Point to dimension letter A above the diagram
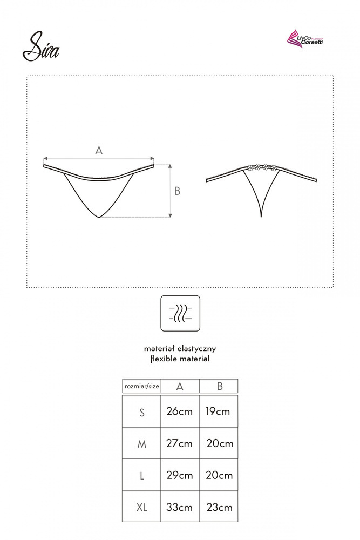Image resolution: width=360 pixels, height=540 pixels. click(99, 151)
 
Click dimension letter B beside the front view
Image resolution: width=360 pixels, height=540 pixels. click(177, 191)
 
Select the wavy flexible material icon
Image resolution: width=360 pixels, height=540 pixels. click(180, 313)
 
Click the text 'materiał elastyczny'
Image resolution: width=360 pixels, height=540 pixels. click(180, 349)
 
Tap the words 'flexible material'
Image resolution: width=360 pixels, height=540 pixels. click(180, 358)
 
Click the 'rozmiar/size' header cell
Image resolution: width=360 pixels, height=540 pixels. click(142, 386)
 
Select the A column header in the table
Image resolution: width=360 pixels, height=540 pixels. click(180, 386)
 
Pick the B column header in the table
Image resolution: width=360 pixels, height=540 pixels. click(219, 386)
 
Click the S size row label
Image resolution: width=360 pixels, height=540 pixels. click(142, 413)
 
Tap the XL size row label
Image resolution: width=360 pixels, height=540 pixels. click(142, 507)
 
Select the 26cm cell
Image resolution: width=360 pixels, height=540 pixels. click(180, 411)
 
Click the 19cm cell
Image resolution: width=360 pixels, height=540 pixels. click(218, 411)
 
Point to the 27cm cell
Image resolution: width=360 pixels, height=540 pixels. click(180, 443)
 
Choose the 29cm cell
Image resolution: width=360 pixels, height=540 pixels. click(180, 475)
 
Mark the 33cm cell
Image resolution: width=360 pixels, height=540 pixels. click(180, 507)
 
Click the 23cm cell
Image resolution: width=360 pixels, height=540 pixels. click(219, 507)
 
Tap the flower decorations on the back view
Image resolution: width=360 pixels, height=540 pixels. click(262, 167)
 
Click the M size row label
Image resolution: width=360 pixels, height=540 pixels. click(142, 444)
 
